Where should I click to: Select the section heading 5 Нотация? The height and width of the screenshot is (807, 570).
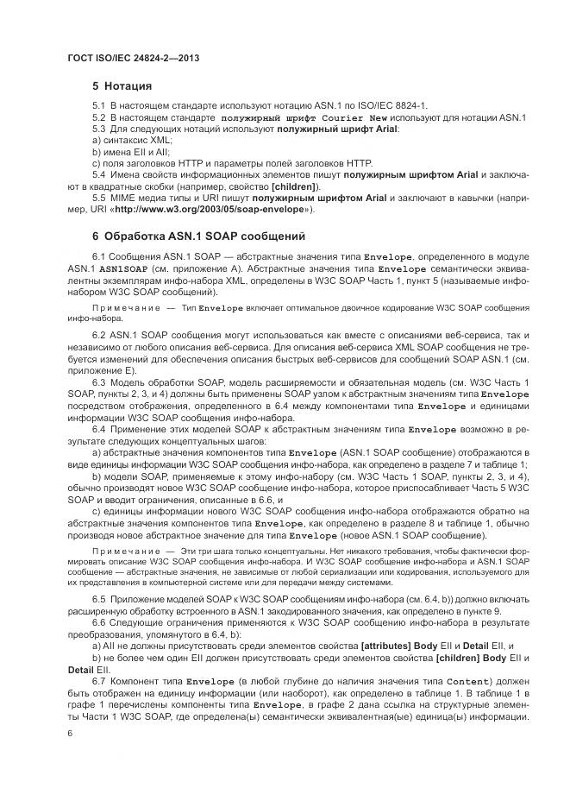coord(122,86)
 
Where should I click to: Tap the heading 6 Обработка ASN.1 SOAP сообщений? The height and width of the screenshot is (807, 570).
coord(199,236)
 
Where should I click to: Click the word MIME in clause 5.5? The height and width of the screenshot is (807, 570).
coord(125,198)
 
